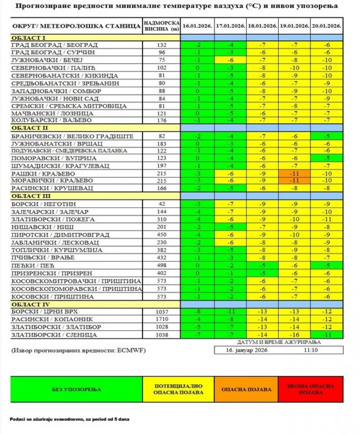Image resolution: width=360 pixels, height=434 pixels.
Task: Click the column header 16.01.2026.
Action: (198, 25)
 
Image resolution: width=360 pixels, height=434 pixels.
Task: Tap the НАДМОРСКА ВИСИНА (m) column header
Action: (162, 25)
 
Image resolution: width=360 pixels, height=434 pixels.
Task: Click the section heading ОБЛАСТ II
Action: (29, 128)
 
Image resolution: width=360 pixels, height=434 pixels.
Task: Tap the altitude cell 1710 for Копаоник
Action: (162, 319)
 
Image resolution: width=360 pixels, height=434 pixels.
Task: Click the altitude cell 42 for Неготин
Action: (162, 204)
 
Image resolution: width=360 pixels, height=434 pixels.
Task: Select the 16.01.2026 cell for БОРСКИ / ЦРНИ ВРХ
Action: (198, 311)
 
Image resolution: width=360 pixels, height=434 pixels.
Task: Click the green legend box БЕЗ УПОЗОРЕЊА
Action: (76, 389)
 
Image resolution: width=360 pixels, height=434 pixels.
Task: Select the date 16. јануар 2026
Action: (246, 349)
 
